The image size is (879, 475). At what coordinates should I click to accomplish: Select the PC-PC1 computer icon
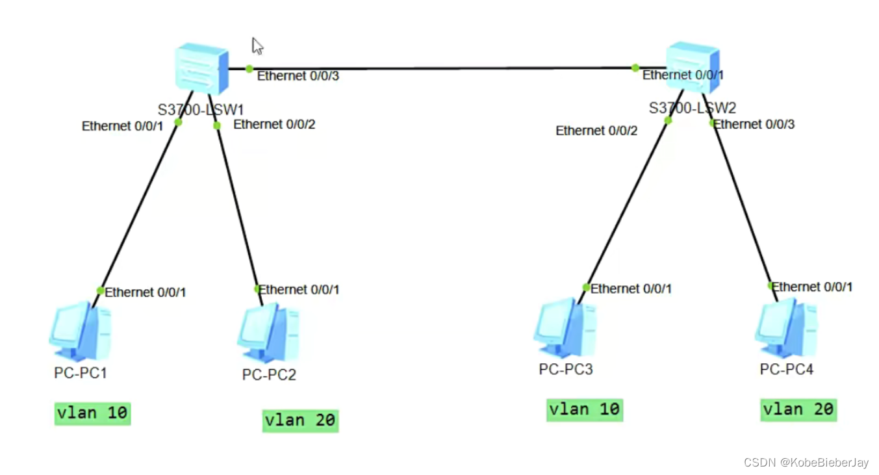(x=79, y=331)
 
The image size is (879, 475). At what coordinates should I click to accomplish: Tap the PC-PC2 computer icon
(x=268, y=333)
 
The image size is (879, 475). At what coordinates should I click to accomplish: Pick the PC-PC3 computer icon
(x=565, y=329)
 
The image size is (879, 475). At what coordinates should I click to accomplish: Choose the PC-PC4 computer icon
(x=785, y=329)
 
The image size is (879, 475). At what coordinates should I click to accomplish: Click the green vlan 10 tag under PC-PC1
(x=92, y=413)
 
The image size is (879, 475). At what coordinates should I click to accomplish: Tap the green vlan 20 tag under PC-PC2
(x=301, y=420)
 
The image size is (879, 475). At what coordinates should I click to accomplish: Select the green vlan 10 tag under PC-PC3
(x=585, y=410)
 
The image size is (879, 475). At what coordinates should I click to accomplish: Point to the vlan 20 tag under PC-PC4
(x=798, y=410)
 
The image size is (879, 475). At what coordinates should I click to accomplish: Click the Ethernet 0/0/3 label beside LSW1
(x=298, y=76)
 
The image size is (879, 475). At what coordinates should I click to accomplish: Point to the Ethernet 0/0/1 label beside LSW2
(x=683, y=75)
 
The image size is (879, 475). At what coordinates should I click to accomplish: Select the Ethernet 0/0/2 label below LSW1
(x=274, y=124)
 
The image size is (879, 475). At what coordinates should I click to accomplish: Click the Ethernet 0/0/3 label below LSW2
(x=754, y=124)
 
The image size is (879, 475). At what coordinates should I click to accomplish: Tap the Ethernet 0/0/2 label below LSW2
(x=596, y=131)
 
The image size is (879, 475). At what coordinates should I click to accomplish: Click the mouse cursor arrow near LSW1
(x=257, y=46)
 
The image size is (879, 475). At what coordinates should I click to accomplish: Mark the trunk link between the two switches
(x=442, y=68)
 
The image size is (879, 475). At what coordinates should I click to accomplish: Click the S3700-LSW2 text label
(x=693, y=108)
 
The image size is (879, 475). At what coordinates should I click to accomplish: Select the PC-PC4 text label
(x=786, y=369)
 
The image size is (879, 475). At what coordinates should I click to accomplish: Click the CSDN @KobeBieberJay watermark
(x=806, y=463)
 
